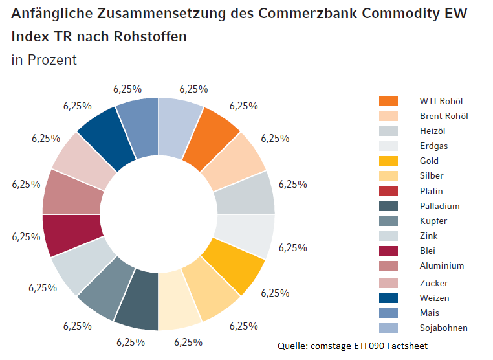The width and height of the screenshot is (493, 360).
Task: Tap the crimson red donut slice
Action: click(72, 234)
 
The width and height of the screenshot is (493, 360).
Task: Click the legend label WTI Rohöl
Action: click(441, 101)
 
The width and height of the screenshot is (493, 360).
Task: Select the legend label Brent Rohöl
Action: click(444, 116)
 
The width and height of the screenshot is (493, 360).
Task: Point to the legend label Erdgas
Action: click(433, 146)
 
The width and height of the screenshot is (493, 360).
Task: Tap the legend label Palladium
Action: click(439, 206)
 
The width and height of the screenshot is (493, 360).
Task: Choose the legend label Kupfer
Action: click(433, 221)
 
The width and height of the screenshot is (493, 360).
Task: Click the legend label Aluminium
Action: click(442, 265)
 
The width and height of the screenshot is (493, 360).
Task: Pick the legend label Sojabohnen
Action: click(444, 328)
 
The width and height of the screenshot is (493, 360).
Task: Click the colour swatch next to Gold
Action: click(388, 161)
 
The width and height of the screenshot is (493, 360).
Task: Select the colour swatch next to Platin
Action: click(388, 191)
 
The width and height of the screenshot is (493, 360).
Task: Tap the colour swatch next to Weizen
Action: click(388, 298)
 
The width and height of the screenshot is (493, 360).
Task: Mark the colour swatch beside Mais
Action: click(388, 313)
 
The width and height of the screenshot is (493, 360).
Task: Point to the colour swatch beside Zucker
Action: click(388, 283)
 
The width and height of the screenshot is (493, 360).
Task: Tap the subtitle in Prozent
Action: click(44, 60)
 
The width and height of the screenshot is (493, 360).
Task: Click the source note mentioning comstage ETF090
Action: click(353, 346)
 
